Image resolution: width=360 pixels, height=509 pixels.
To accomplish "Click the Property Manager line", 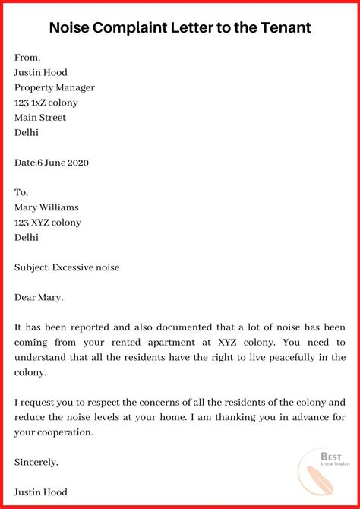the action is point(55,87).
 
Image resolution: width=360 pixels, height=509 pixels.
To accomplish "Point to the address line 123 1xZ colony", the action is point(46,103).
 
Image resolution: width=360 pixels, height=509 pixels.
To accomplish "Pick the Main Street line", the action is point(40,118).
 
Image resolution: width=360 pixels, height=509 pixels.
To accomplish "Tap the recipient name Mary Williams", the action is point(46,207).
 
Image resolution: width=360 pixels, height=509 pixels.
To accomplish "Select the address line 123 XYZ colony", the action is point(48,223).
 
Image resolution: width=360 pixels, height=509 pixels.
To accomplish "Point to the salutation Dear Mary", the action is point(39,297).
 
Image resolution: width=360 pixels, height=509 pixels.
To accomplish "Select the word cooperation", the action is point(64,432).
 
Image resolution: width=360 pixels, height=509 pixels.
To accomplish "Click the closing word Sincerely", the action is point(36,461).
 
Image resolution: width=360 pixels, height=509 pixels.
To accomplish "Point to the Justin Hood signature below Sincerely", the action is point(41,492).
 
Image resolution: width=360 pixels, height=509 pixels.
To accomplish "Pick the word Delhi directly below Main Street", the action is point(27,132).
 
